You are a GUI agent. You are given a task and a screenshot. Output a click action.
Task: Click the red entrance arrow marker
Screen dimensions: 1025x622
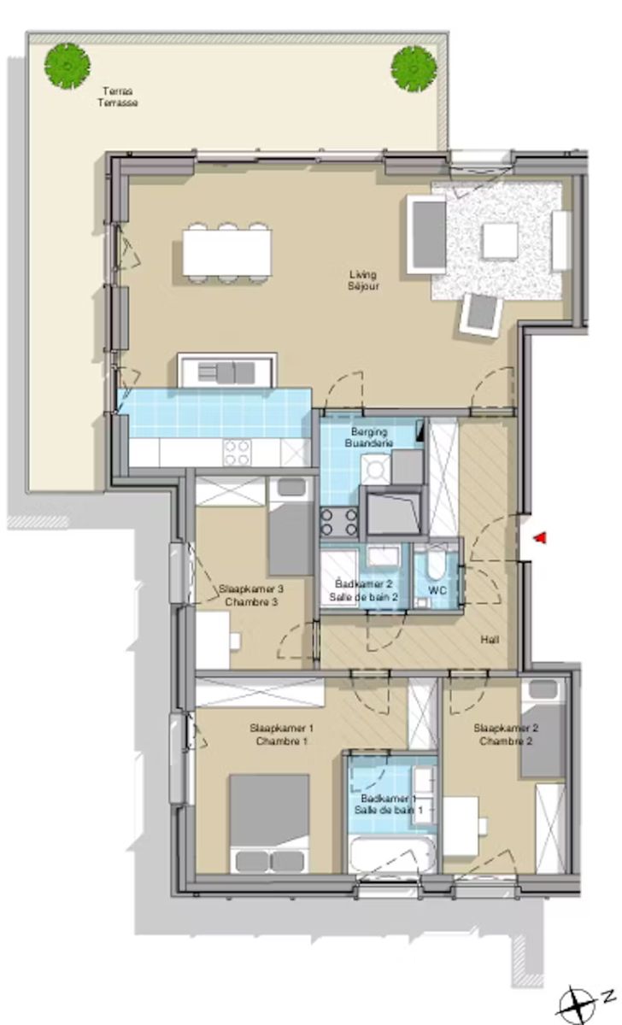(x=539, y=537)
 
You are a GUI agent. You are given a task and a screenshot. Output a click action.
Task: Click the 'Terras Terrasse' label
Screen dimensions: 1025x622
(x=119, y=97)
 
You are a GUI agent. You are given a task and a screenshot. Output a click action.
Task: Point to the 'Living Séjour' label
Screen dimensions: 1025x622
(x=362, y=280)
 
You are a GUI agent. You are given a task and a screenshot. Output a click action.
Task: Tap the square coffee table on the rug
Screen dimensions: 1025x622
(x=500, y=240)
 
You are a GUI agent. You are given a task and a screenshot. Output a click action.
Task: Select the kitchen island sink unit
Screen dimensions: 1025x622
(x=227, y=372)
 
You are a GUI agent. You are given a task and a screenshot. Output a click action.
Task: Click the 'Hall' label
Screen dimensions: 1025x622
(x=490, y=640)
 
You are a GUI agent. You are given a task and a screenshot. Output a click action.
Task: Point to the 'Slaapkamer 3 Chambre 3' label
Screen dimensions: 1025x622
(x=250, y=594)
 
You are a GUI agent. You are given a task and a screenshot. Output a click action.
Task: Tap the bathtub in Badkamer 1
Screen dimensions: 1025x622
(x=392, y=853)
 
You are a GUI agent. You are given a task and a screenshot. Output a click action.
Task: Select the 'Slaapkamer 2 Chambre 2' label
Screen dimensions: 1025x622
(x=505, y=735)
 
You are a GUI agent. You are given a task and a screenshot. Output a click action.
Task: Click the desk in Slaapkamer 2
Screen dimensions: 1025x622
(x=461, y=825)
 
